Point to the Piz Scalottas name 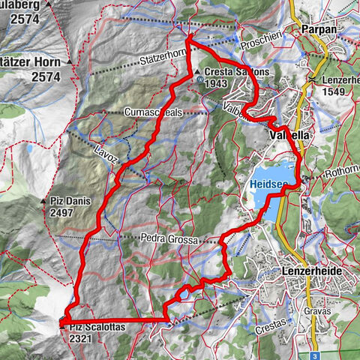tap(95, 327)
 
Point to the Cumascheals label tap(154, 112)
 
